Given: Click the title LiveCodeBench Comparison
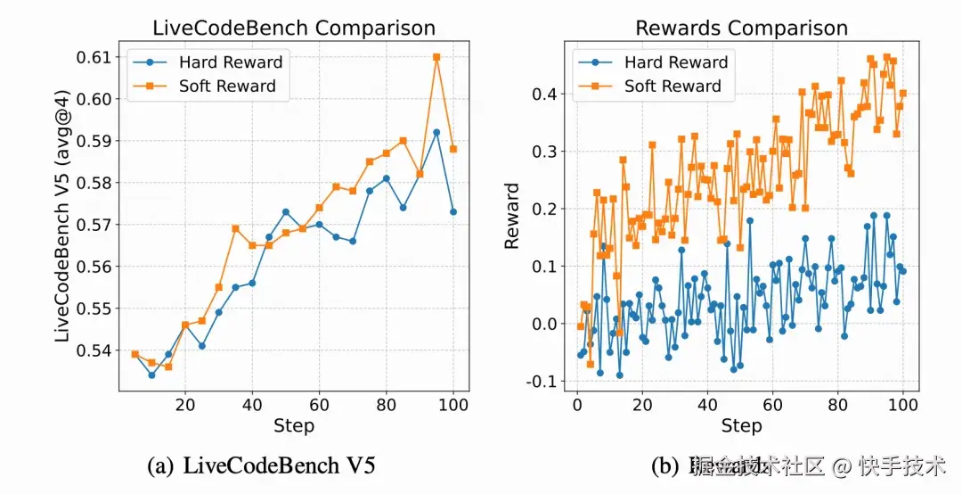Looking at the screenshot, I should click(294, 29).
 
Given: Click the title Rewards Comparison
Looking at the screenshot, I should click(741, 29).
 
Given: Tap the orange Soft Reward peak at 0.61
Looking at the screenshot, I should click(436, 57).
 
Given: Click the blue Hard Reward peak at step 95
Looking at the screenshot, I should click(436, 132).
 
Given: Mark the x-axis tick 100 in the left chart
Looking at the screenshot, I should click(453, 404).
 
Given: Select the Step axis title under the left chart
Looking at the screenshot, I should click(294, 425).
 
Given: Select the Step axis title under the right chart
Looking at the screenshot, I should click(741, 425).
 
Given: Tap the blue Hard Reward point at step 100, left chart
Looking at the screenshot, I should click(453, 212).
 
